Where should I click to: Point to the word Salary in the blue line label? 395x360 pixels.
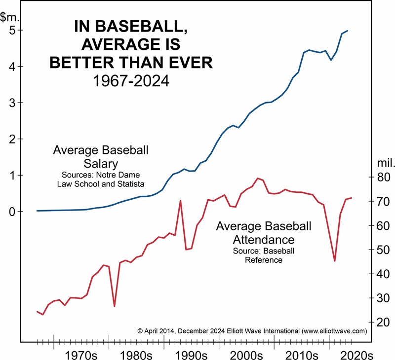101,163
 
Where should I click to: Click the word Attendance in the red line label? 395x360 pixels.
264,240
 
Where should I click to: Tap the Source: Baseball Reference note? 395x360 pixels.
264,255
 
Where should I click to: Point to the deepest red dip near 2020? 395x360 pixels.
335,261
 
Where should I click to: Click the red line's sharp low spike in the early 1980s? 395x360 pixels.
115,306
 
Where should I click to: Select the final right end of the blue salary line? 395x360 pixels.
348,31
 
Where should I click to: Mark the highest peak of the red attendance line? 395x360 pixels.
258,178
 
